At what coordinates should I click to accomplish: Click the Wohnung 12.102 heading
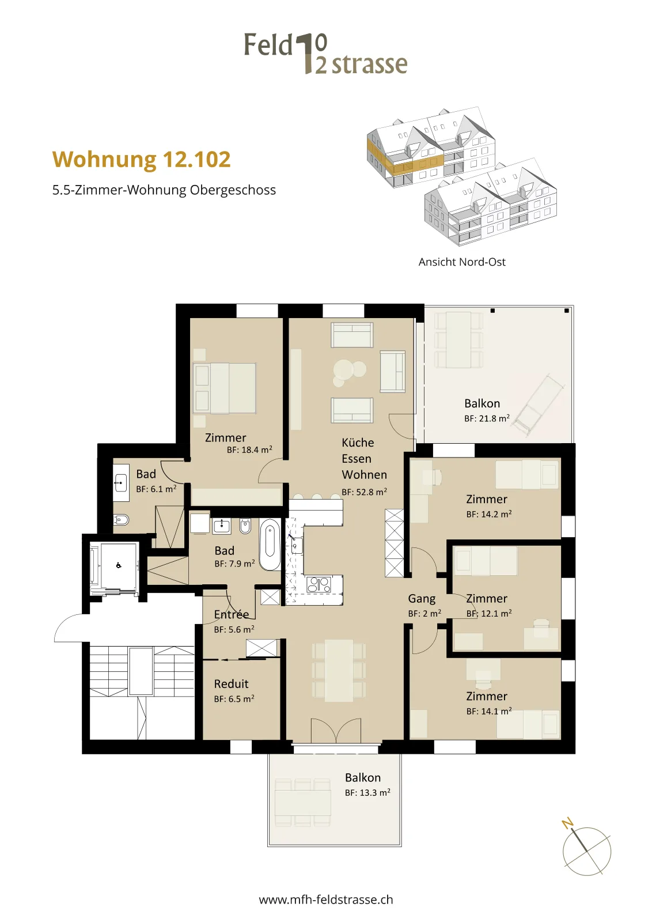coord(141,160)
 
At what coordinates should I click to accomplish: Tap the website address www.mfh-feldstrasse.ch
coord(326,900)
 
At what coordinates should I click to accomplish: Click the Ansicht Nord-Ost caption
coord(462,262)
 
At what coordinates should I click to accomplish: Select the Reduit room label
coord(231,683)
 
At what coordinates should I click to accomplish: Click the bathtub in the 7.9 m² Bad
coord(270,545)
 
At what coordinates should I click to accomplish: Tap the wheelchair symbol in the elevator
coord(119,565)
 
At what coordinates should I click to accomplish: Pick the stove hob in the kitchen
coord(319,585)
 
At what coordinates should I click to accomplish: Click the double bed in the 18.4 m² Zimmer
coord(225,388)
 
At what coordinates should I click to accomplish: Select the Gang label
coord(422,599)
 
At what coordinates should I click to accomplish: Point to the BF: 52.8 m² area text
coord(364,492)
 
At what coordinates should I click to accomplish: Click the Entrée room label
coord(231,614)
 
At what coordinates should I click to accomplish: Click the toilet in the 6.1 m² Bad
coord(121,520)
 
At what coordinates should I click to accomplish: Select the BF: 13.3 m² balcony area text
coord(367,792)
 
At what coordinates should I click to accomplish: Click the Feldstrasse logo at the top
coord(326,54)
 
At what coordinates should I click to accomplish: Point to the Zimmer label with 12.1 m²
coord(487,599)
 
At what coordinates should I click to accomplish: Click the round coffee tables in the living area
coord(348,372)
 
